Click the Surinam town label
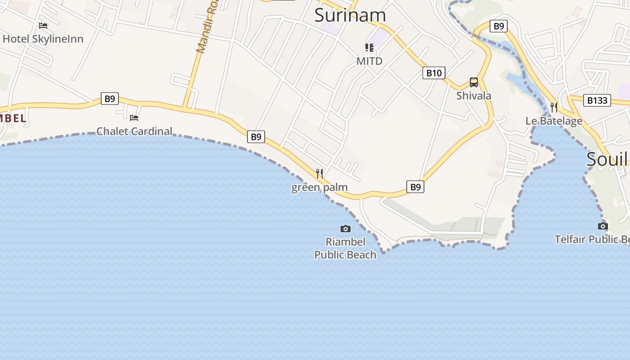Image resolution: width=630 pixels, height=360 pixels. point(350,15)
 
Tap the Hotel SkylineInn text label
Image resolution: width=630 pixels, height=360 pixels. point(43,39)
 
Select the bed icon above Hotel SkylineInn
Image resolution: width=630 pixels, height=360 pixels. point(43,25)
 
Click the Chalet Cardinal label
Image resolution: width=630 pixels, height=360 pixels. point(135,131)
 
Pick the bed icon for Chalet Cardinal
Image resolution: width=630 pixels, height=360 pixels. point(134,118)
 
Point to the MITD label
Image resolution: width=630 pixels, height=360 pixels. point(369,61)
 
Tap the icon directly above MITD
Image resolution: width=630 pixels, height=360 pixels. point(369,48)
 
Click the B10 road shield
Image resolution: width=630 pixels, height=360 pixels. point(434,73)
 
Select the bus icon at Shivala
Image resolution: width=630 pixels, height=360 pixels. point(474,82)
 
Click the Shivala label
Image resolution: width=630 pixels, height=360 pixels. point(474,96)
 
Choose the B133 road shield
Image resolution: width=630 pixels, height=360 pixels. point(598,100)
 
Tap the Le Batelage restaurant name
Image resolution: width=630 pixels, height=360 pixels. point(554,121)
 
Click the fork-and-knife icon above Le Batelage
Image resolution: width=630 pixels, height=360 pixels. point(554,108)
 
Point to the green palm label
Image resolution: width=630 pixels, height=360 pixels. point(319,187)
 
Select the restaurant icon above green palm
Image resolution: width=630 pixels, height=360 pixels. point(319,173)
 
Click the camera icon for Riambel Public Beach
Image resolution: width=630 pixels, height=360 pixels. point(346,229)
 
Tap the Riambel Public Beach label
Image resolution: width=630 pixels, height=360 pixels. point(345,248)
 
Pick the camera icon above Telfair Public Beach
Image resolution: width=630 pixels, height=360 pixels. point(603,226)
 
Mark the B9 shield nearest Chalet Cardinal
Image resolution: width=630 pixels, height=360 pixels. point(110,99)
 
